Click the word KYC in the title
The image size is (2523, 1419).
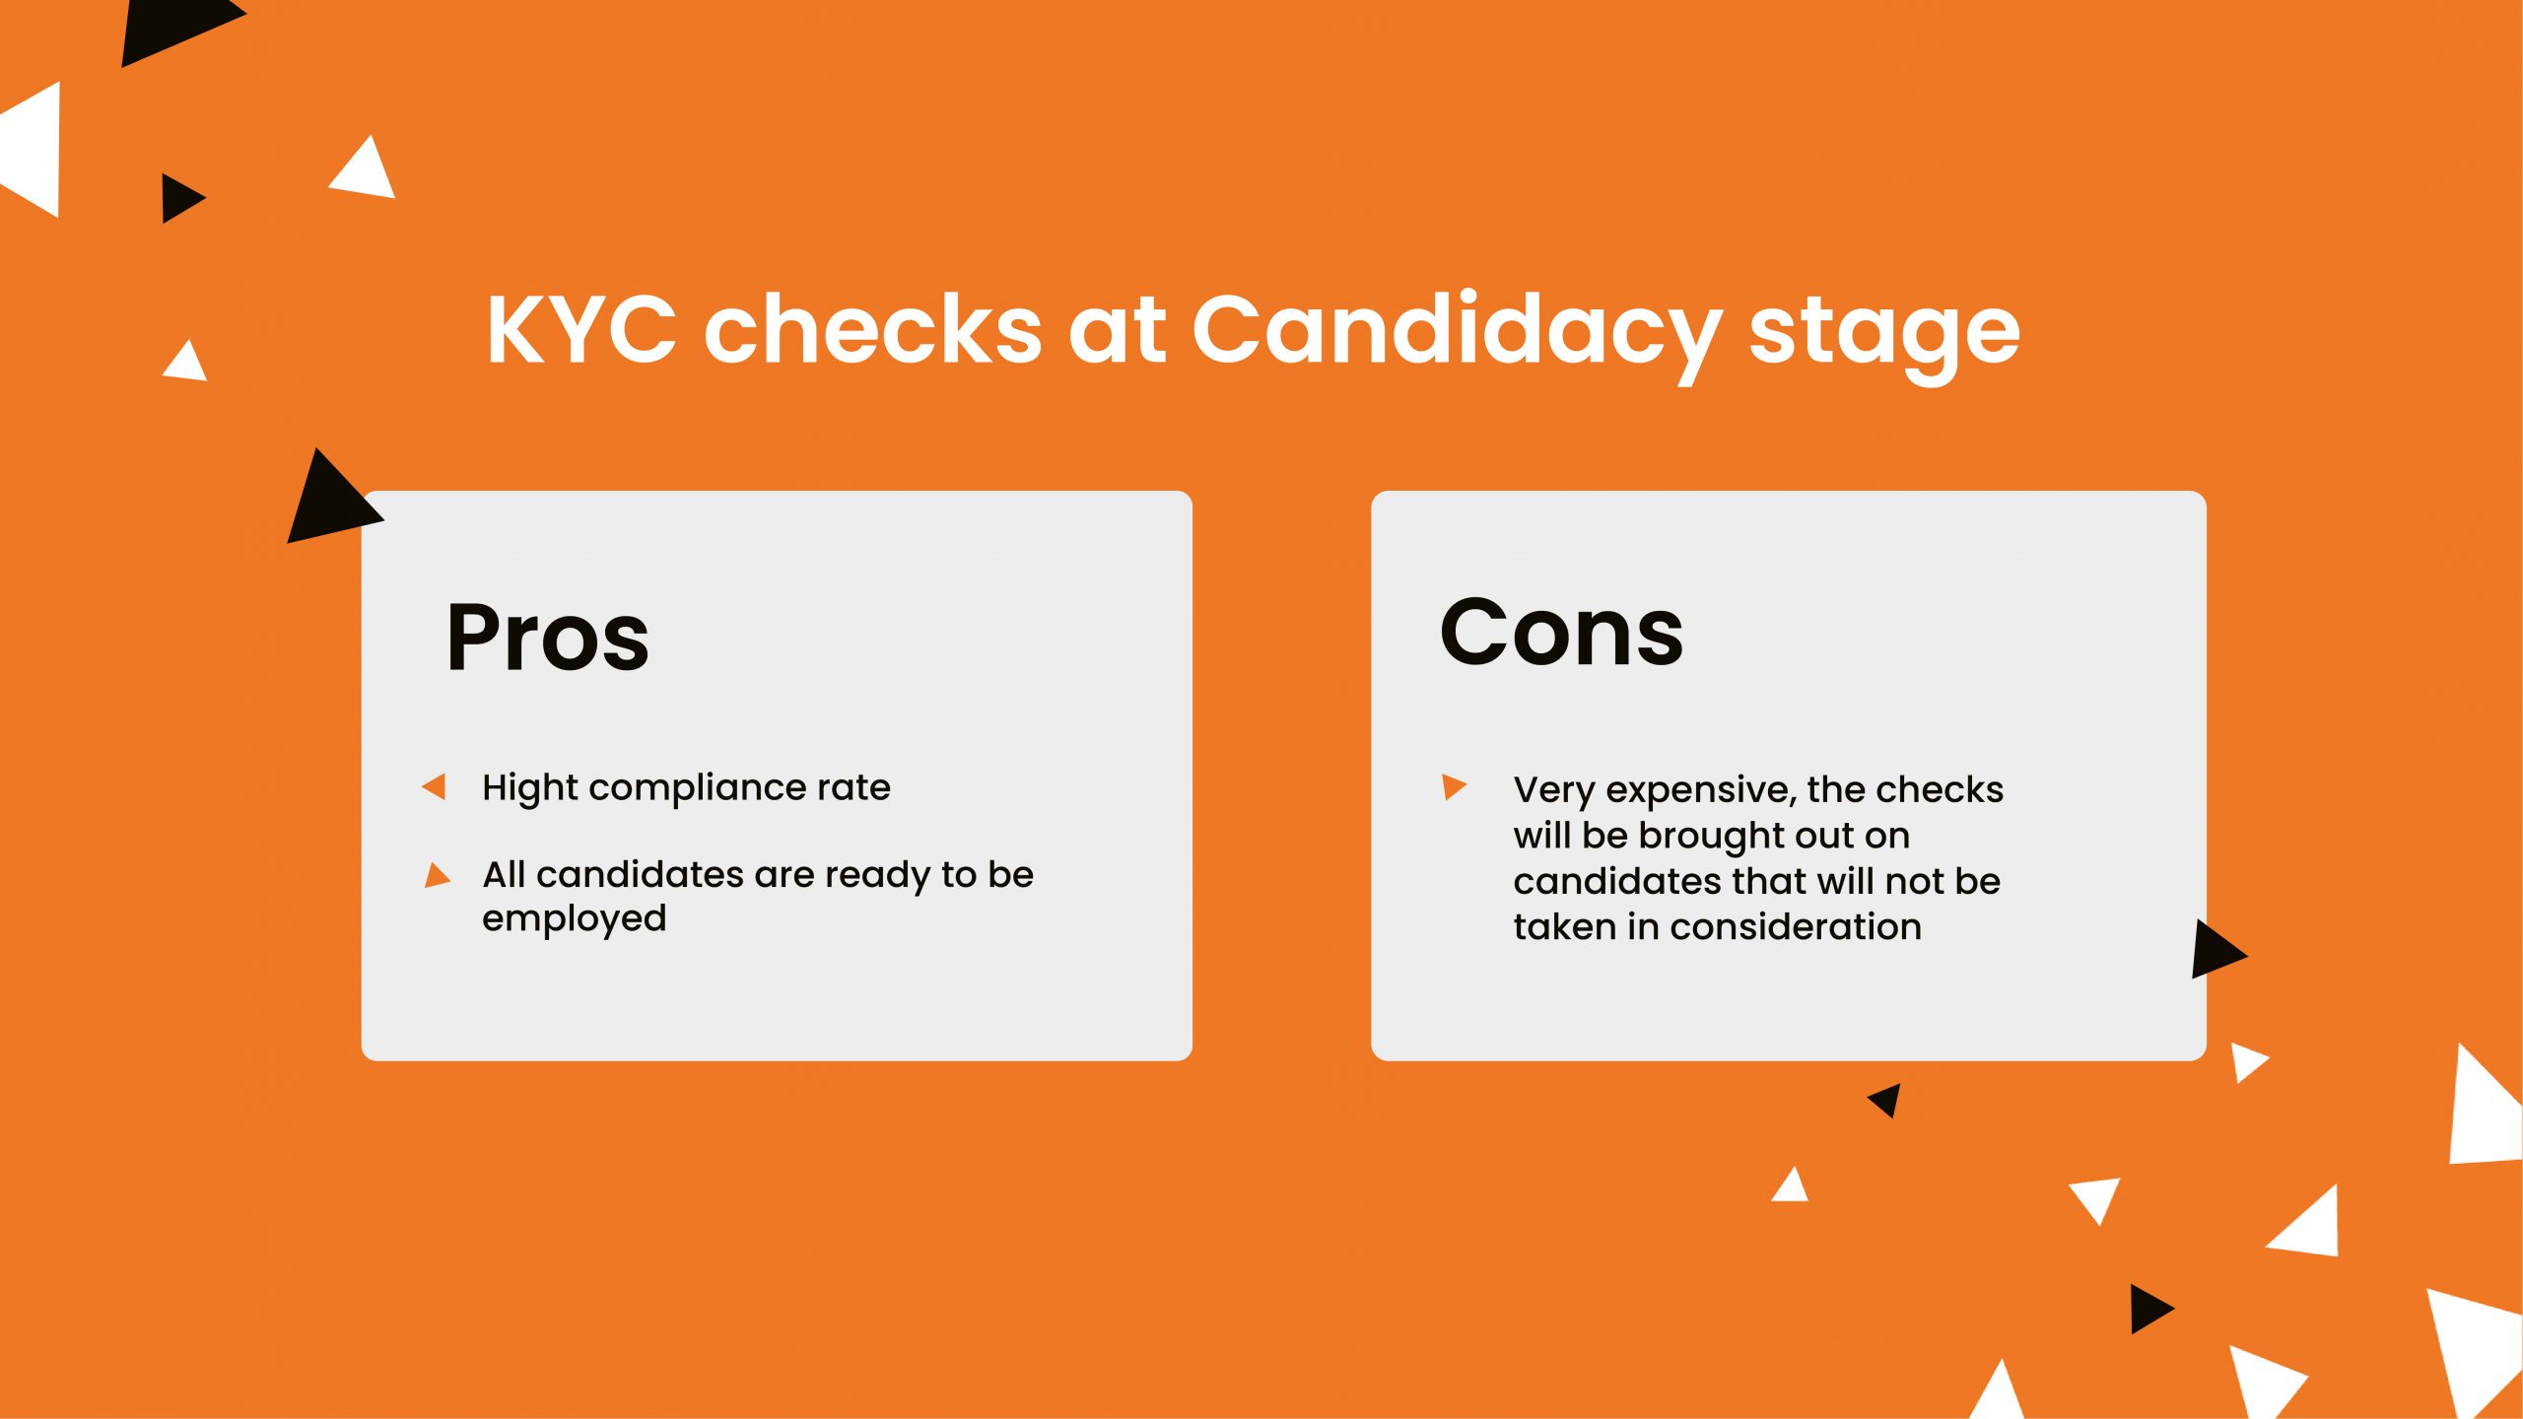[x=582, y=329]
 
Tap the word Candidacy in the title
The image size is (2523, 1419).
[x=1458, y=336]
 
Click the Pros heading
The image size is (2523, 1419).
[x=548, y=639]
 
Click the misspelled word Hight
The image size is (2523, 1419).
[x=530, y=789]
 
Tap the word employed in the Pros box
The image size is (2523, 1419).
[x=575, y=919]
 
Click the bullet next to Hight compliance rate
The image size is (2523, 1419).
[x=434, y=786]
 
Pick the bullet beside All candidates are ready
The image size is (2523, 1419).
[x=437, y=875]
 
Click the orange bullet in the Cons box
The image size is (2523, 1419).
[x=1454, y=786]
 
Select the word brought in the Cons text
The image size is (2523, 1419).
[x=1734, y=837]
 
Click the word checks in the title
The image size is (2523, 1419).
[x=873, y=329]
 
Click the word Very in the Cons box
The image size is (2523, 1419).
[x=1554, y=791]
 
